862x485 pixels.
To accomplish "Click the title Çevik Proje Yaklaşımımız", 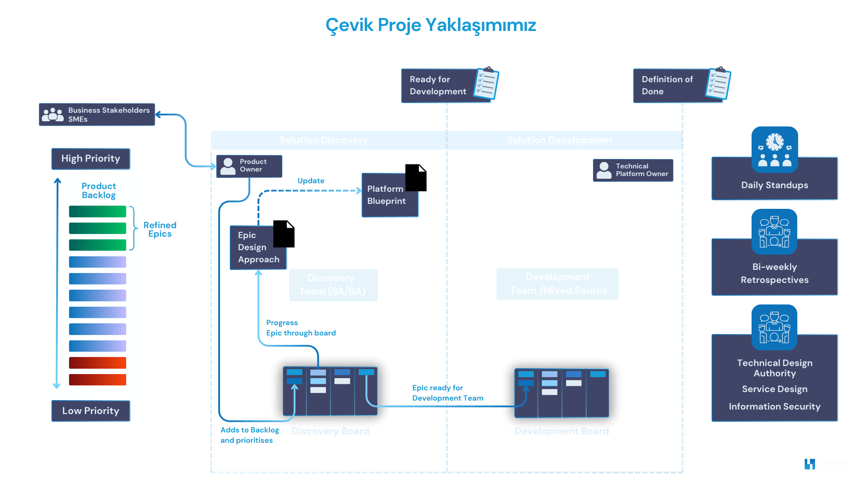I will click(x=431, y=25).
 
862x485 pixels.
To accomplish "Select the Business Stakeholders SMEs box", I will click(x=97, y=115).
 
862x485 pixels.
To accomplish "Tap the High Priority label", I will click(x=91, y=159).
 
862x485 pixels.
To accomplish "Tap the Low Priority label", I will click(x=91, y=411).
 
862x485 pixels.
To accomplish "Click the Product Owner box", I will click(x=249, y=166).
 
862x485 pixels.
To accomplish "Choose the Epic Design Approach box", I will click(x=258, y=247).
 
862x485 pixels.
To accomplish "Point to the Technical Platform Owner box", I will click(x=633, y=170).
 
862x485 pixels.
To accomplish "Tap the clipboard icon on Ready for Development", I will click(x=487, y=83).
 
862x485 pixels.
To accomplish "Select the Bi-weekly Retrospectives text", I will click(x=774, y=273).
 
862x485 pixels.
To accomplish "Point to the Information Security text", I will click(x=774, y=406).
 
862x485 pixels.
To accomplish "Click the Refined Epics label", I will click(x=160, y=229).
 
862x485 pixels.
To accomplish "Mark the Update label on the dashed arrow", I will click(x=311, y=181).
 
